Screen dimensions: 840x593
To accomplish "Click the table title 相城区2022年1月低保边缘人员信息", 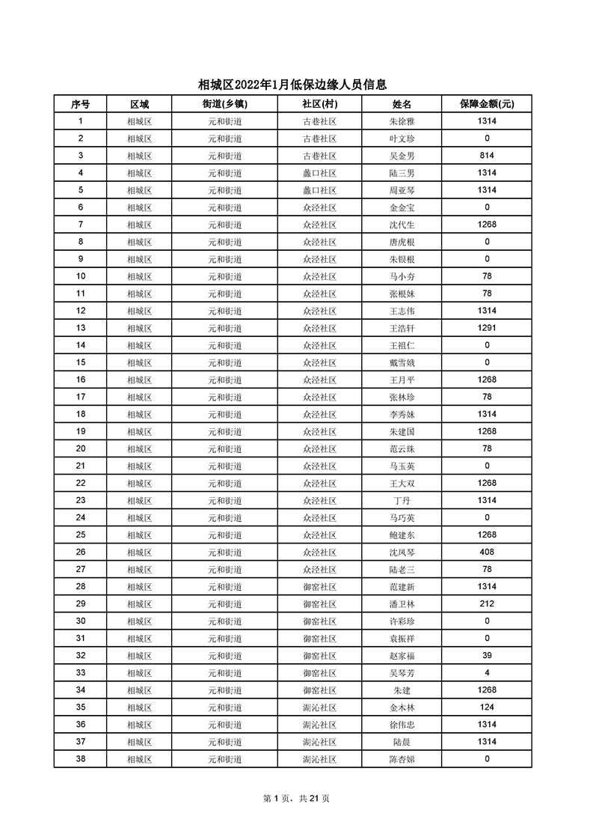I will tap(296, 85).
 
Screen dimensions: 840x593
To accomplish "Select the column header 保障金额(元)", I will tap(486, 104).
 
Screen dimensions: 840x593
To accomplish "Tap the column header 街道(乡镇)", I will tap(224, 104).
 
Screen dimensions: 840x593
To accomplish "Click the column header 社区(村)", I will tap(319, 104).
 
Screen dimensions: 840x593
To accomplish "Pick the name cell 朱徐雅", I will tap(402, 121).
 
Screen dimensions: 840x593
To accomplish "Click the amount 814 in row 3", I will tap(486, 156).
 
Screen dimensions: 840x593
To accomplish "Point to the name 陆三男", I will tap(402, 173).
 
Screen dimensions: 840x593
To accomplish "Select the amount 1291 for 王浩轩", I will tap(486, 328).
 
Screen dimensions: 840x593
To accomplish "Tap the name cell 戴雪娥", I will tap(402, 362).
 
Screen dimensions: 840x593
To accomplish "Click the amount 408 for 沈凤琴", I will tap(486, 552).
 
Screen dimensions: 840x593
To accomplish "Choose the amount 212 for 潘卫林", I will tap(486, 603).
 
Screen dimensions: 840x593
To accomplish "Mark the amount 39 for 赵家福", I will tap(486, 655).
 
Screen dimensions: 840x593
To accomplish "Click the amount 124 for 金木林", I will tap(486, 707).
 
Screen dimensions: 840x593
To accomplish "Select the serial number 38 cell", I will tap(80, 758).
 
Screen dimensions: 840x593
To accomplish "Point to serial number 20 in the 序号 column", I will tap(80, 448).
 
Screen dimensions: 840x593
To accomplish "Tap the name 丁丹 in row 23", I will tap(402, 500).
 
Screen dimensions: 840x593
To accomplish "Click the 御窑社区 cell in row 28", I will tap(319, 586).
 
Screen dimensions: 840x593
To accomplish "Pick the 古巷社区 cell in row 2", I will tap(319, 139).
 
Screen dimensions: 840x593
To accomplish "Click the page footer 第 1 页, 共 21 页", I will tap(296, 798).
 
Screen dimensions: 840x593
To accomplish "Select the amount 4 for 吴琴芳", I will tap(486, 672).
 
